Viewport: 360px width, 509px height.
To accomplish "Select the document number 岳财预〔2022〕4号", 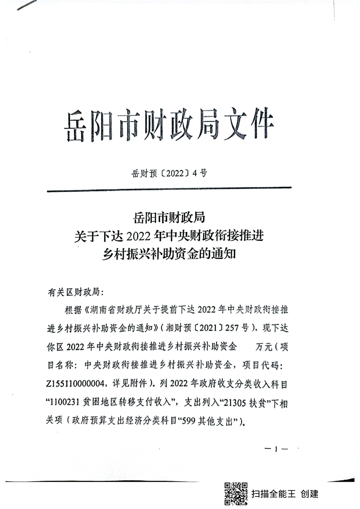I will [168, 172].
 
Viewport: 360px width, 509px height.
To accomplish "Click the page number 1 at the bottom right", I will [276, 449].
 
